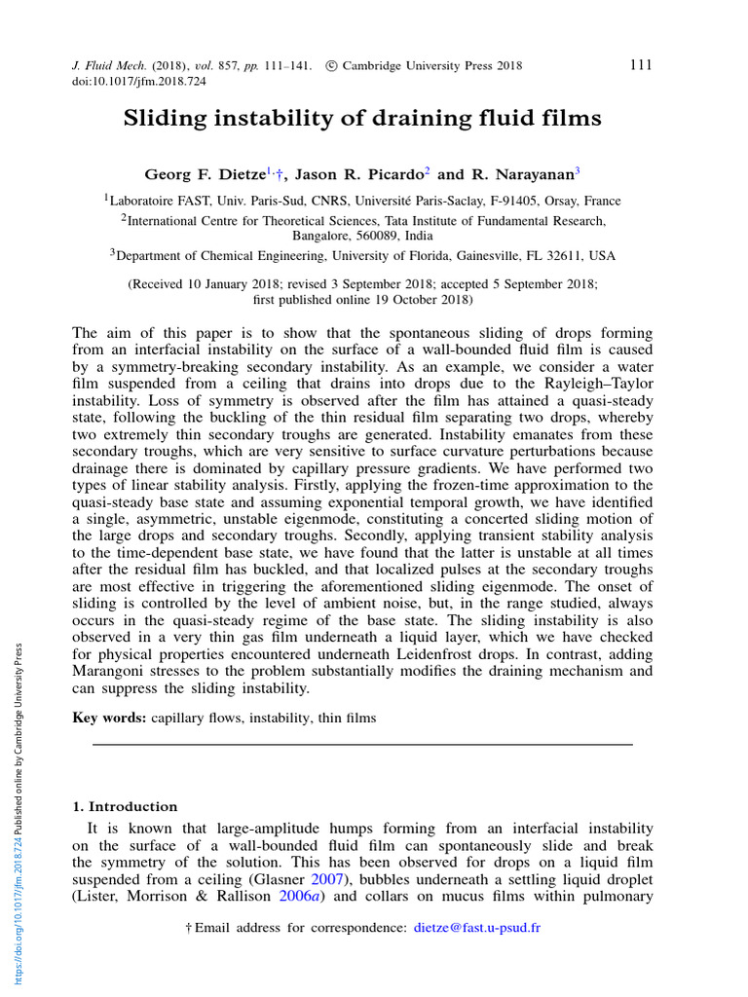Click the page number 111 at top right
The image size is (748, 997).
click(640, 65)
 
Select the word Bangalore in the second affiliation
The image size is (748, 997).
click(321, 236)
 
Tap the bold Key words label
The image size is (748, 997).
click(109, 718)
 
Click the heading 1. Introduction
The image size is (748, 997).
click(126, 806)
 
